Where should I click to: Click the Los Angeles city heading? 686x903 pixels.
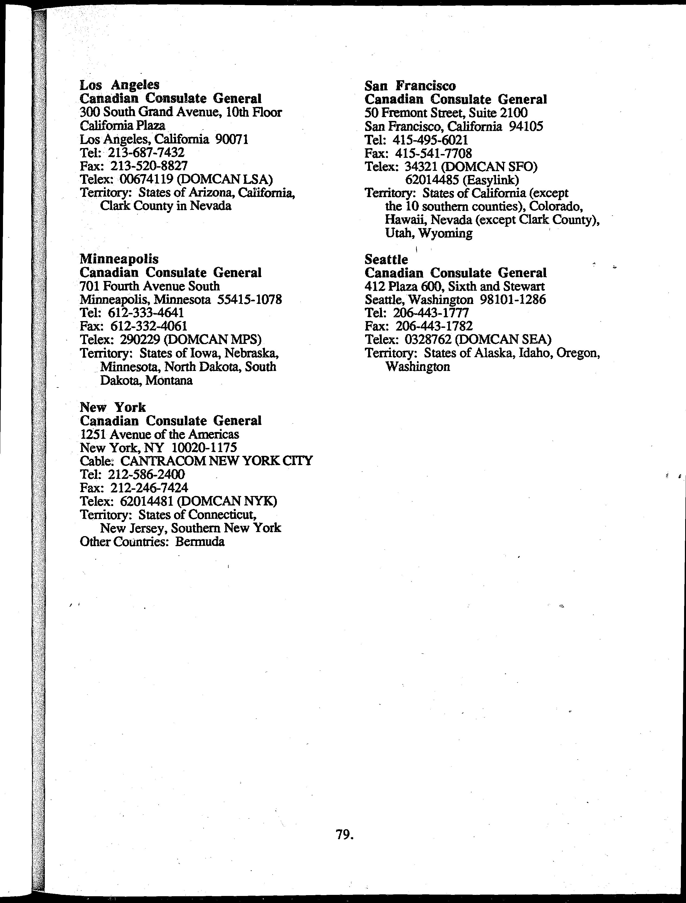119,85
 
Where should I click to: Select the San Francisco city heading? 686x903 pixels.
410,86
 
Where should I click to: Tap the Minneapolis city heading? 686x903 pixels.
119,259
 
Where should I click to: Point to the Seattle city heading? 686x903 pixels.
386,260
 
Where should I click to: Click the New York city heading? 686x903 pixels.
113,407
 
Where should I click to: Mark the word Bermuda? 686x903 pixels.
200,542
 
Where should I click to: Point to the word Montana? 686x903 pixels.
169,380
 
